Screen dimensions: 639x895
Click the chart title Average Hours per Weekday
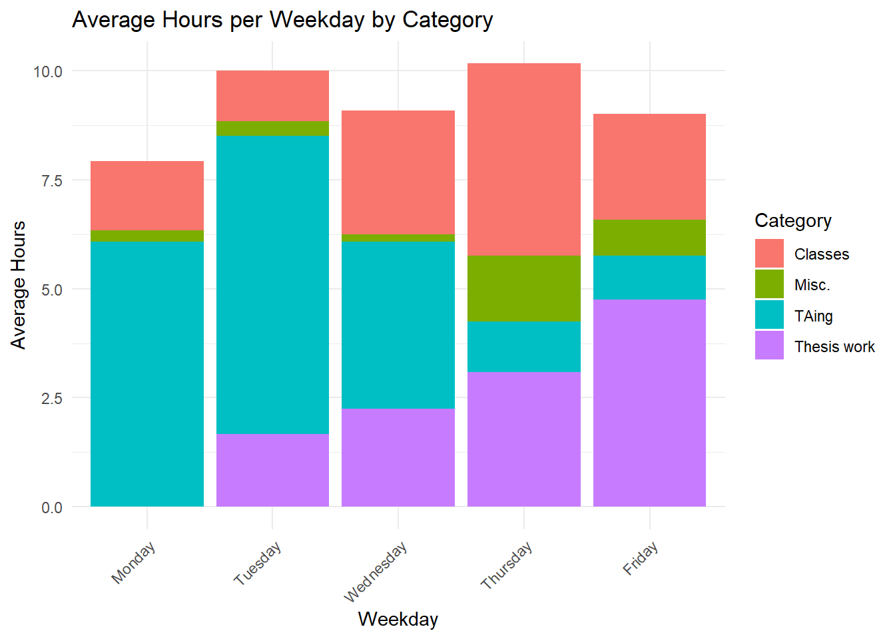tap(282, 20)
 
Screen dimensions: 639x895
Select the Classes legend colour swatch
tap(769, 254)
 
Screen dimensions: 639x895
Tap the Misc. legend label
tap(812, 285)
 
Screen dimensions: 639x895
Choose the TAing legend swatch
tap(769, 316)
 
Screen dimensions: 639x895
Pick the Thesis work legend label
tap(834, 347)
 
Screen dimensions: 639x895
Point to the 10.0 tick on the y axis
tap(47, 71)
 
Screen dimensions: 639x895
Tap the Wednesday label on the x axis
tap(376, 572)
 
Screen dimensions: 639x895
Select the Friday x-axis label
tap(641, 558)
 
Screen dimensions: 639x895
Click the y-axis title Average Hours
tap(19, 285)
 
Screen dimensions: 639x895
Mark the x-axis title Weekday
tap(398, 619)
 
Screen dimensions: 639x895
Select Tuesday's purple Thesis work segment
tap(272, 470)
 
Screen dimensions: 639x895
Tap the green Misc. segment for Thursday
tap(523, 288)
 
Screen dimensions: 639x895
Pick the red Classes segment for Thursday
tap(523, 159)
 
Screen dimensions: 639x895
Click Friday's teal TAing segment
tap(649, 277)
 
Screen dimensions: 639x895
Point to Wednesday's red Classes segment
tap(398, 172)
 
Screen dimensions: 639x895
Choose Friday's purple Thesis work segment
tap(649, 403)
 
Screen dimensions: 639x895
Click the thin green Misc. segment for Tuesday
tap(272, 128)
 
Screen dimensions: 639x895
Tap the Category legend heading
tap(792, 221)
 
